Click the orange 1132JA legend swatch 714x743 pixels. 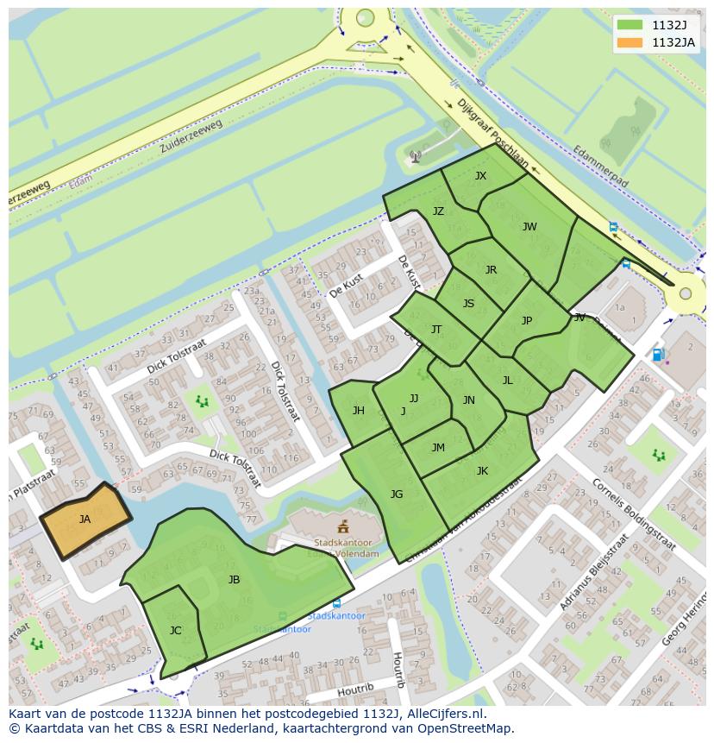point(630,42)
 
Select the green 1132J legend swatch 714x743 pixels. point(630,25)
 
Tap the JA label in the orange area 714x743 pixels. point(85,519)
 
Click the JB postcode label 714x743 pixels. point(234,580)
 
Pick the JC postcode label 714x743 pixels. point(175,631)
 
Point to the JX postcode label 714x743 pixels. point(480,176)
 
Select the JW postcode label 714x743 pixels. point(529,227)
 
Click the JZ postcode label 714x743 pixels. point(438,211)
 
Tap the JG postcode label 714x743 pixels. point(397,494)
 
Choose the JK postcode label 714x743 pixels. point(482,471)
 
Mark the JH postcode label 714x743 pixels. point(358,411)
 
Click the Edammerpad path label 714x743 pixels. point(600,167)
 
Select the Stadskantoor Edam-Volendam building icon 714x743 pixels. point(342,526)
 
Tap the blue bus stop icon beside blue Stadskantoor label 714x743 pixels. point(335,604)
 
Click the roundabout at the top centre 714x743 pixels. point(365,17)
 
